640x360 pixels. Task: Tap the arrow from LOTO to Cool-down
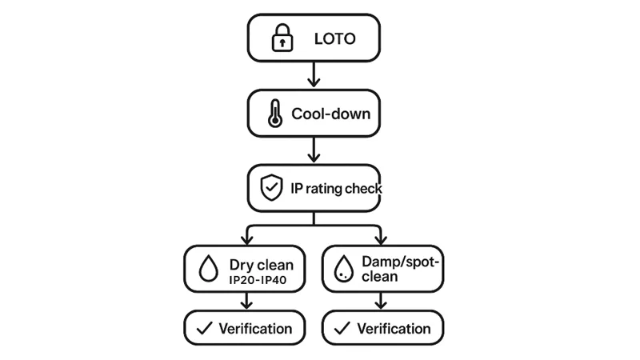point(314,74)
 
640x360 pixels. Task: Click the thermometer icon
point(274,114)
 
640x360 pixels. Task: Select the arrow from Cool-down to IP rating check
point(314,149)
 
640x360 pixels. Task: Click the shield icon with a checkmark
point(272,189)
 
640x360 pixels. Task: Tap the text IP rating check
point(336,189)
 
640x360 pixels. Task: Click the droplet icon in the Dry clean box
point(208,269)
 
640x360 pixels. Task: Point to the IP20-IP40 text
point(258,280)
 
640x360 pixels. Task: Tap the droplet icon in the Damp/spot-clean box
point(344,269)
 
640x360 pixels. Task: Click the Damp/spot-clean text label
point(397,269)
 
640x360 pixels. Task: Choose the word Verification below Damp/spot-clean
point(394,328)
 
